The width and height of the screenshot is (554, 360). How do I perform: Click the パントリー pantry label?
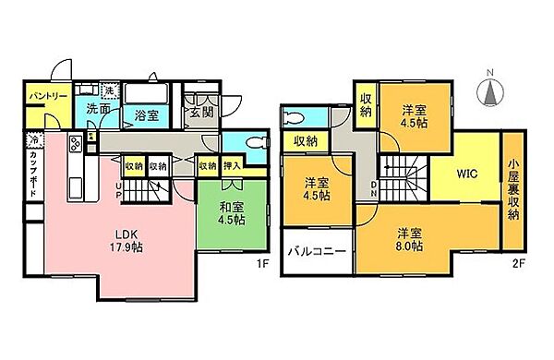coord(43,95)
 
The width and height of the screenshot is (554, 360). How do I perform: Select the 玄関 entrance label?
coord(202,113)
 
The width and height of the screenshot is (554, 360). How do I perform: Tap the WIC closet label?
coord(464,173)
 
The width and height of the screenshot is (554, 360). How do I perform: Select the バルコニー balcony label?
coord(316,251)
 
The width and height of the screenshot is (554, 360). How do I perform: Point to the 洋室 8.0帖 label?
coord(407,240)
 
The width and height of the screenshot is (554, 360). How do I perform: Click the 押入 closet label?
coord(233,166)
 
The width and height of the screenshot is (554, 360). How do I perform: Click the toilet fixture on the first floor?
coord(254,143)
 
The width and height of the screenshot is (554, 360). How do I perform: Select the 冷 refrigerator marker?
coord(34,141)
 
